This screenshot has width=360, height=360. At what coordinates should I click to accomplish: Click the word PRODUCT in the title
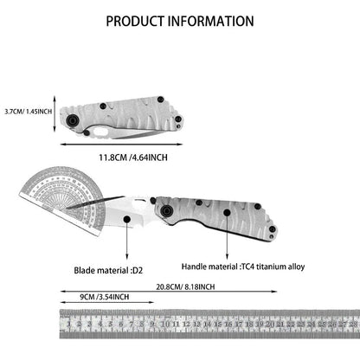pos(135,21)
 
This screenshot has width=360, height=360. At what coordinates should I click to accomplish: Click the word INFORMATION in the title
pos(211,21)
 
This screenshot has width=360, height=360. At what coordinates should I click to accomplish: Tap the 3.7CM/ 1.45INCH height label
pos(29,112)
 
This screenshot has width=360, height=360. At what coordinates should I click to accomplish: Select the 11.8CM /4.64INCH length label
pos(133,157)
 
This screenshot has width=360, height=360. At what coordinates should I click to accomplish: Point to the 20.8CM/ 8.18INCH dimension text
pos(185,287)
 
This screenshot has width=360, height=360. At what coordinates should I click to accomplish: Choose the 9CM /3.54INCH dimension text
pos(105,297)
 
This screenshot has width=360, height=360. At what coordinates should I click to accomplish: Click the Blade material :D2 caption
pos(108,271)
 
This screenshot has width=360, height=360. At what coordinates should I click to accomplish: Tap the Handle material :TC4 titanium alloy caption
pos(243,267)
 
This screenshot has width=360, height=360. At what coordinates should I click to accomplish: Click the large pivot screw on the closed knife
pos(72,120)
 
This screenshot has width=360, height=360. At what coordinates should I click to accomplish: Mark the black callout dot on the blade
pos(126,219)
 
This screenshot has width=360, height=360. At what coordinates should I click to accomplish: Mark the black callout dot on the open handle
pos(227,213)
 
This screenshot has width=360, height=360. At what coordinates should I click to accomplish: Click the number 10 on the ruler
pos(165,324)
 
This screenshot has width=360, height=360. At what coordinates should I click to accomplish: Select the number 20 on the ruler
pos(270,324)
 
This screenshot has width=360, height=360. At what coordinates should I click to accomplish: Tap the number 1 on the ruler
pos(68,324)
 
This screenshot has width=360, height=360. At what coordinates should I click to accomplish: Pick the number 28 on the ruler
pos(353,324)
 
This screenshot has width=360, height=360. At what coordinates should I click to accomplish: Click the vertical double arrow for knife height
pos(55,114)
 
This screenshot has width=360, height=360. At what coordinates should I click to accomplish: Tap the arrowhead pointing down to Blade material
pos(126,256)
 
